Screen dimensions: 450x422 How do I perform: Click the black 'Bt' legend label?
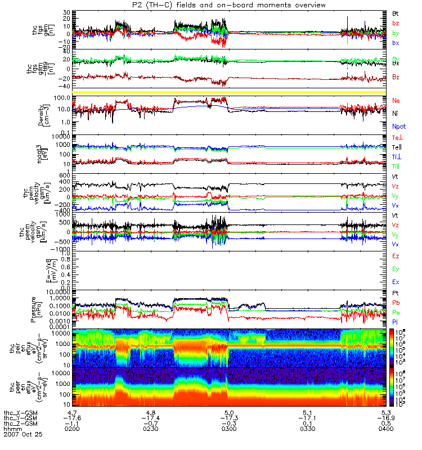coord(396,12)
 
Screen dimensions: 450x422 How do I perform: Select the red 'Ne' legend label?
coord(396,100)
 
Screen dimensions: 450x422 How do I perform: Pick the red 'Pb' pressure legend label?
coord(396,302)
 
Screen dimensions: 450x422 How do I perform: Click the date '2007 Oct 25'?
coord(23,435)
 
